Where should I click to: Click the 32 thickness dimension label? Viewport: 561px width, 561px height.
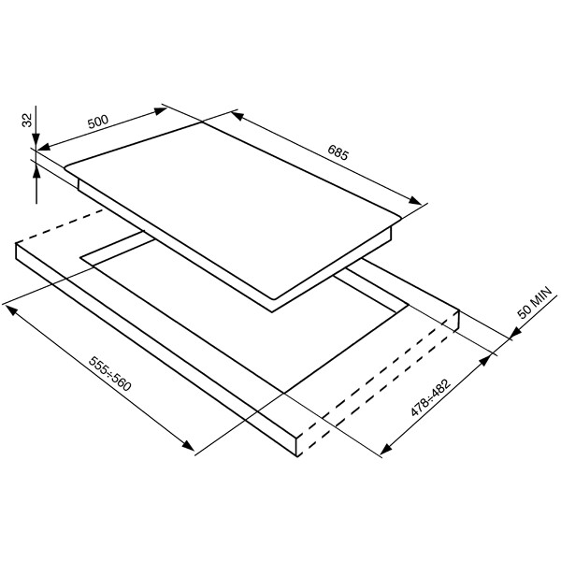coord(27,120)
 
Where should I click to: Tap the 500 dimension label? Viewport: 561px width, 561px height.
coord(97,122)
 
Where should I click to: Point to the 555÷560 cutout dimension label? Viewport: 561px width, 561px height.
coord(110,373)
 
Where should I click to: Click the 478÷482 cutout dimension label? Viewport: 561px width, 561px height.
coord(431,398)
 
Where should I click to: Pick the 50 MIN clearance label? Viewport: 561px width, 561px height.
coord(535,302)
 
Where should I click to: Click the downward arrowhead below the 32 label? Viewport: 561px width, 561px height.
coord(36,140)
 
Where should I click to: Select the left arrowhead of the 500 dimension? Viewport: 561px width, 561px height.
coord(44,147)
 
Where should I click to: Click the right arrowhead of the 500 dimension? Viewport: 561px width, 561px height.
coord(160,110)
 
